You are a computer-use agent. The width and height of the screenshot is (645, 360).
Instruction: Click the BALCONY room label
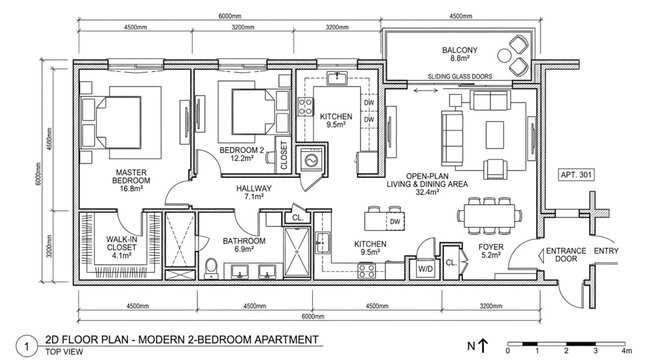click(461, 50)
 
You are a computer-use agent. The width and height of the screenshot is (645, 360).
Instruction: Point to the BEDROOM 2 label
click(241, 151)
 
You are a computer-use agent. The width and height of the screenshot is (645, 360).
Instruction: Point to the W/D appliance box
click(424, 268)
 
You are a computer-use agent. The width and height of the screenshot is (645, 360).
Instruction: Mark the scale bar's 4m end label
click(625, 352)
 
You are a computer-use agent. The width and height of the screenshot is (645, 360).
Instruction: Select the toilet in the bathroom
click(210, 267)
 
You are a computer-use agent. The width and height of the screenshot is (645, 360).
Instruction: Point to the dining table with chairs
click(489, 215)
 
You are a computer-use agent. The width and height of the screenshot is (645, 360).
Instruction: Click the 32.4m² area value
click(437, 194)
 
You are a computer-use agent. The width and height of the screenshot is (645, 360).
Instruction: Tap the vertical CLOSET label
click(284, 155)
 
